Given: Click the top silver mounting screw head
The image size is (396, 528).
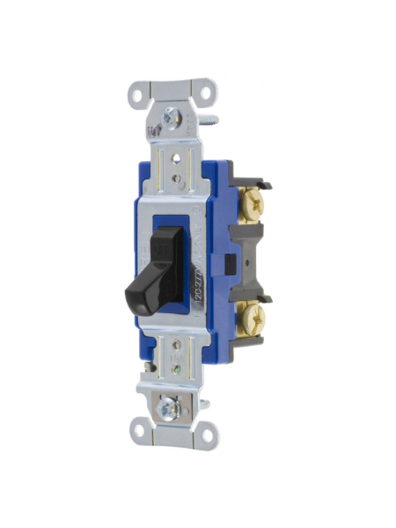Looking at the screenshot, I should tap(168, 117).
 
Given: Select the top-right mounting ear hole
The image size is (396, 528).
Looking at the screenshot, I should tap(207, 89).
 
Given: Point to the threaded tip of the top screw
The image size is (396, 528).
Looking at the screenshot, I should tap(210, 114).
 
